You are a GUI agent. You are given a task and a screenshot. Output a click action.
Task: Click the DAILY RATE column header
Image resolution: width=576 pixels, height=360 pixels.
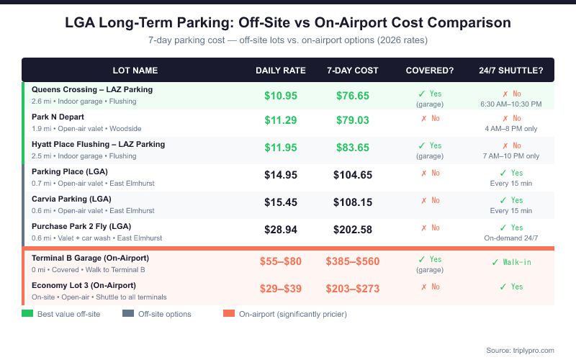[x=281, y=71]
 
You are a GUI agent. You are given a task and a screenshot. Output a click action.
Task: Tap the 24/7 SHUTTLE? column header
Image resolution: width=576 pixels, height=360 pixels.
[x=511, y=71]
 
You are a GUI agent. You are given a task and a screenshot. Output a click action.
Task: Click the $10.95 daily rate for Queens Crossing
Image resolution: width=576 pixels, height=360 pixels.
[x=281, y=96]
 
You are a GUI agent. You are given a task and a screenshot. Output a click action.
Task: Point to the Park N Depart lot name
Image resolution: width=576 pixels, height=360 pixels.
[x=58, y=117]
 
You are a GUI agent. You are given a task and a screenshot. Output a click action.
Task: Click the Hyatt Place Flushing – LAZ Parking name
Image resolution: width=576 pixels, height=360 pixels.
[x=98, y=144]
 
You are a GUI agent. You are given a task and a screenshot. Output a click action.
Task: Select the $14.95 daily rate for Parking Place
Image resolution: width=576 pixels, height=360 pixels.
[x=281, y=175]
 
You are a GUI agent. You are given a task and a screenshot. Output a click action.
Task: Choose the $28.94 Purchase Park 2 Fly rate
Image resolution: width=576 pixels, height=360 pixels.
[x=281, y=230]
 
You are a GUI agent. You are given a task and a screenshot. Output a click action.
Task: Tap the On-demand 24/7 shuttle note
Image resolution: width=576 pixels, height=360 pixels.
[x=511, y=238]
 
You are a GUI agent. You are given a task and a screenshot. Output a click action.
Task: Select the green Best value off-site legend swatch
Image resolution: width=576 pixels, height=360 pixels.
[x=28, y=313]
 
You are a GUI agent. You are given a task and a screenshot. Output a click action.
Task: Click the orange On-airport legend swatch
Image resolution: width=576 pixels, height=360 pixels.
[x=229, y=313]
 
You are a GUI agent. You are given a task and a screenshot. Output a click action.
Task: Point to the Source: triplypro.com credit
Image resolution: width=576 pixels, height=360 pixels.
[x=520, y=350]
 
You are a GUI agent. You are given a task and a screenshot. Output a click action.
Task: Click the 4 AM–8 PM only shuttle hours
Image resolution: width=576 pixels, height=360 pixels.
[x=511, y=128]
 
